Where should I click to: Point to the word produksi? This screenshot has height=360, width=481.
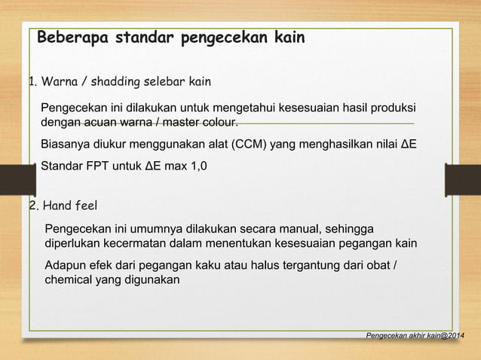pyautogui.click(x=391, y=107)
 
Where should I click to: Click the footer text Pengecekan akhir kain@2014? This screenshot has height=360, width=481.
pyautogui.click(x=415, y=334)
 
